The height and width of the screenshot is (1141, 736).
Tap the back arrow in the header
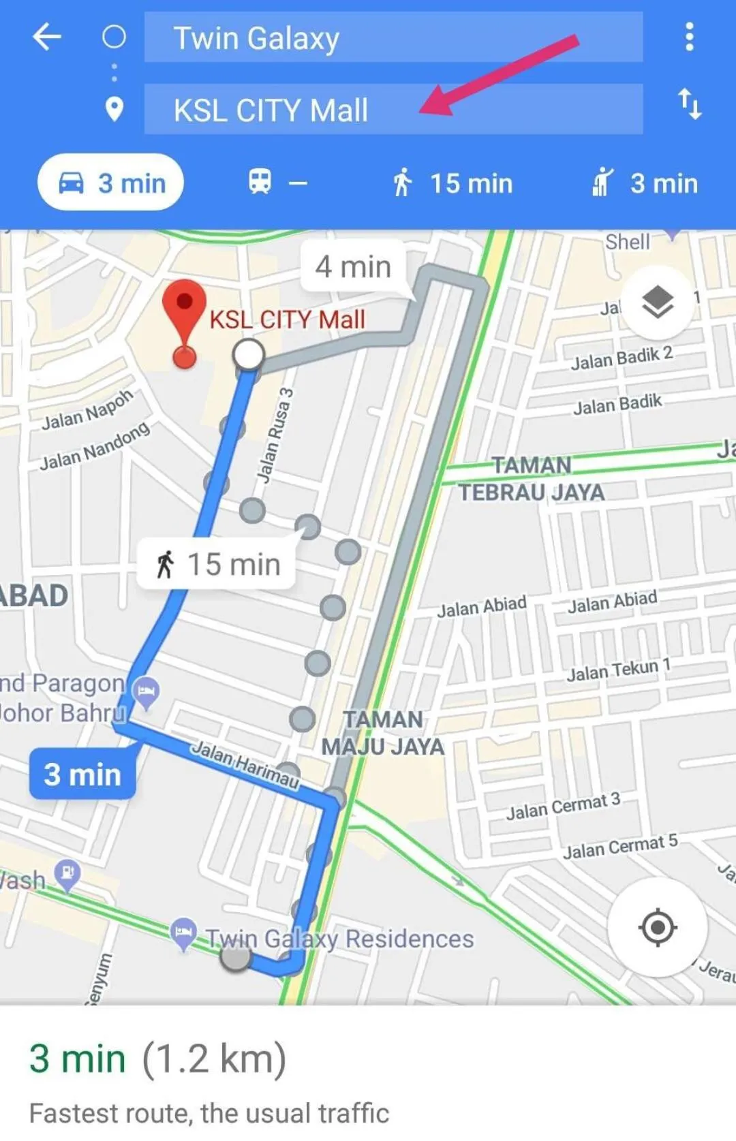(x=47, y=37)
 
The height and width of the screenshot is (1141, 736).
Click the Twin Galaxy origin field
(x=393, y=38)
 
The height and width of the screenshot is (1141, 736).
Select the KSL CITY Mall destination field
(x=393, y=110)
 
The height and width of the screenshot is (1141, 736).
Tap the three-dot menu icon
(x=689, y=37)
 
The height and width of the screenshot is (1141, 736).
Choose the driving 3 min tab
(x=111, y=183)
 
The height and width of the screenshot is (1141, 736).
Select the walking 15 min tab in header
(x=452, y=183)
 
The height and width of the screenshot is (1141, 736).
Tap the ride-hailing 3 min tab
(x=645, y=183)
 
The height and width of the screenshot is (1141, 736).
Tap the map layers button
(x=658, y=302)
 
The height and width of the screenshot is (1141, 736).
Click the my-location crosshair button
(x=658, y=927)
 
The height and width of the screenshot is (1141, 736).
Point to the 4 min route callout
(x=353, y=267)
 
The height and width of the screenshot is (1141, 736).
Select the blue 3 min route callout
(x=82, y=775)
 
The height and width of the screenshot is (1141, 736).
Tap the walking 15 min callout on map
(x=217, y=564)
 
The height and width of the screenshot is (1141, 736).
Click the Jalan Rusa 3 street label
(x=275, y=435)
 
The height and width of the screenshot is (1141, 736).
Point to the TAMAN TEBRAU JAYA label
(x=532, y=479)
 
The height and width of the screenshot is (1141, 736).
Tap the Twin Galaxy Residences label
(x=339, y=939)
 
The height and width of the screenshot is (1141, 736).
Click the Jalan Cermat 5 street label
(x=620, y=847)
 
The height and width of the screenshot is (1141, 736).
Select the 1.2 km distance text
(x=214, y=1059)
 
